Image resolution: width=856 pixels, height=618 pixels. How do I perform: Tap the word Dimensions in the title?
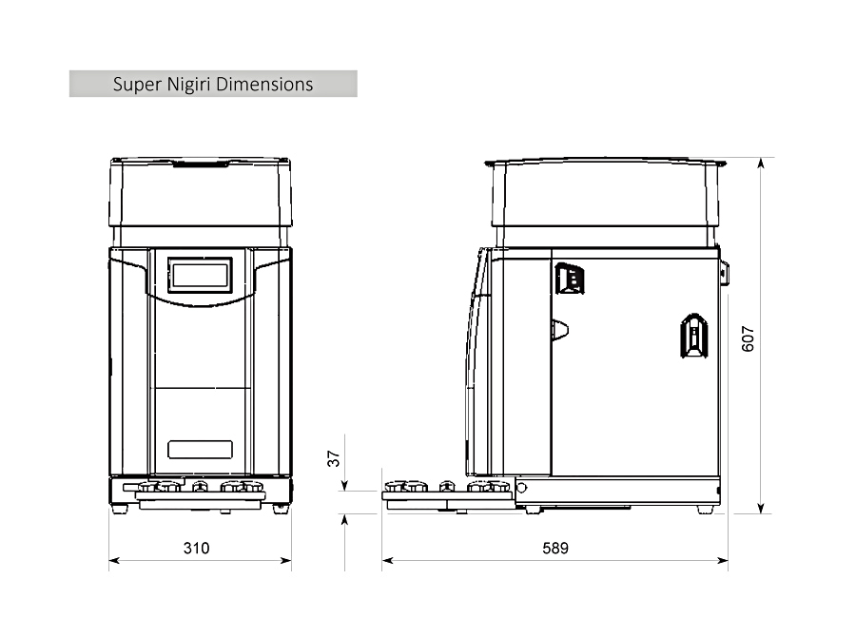point(264,84)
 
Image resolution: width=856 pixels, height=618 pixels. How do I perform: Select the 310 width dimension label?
point(197,548)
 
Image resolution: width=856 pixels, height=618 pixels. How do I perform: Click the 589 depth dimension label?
point(555,548)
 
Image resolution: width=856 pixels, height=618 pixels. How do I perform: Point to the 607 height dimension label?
point(748,339)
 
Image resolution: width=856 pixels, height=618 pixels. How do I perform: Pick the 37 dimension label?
point(334,458)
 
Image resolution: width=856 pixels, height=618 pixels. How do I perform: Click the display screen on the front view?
point(201,275)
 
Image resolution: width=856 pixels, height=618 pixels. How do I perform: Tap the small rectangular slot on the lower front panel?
point(201,450)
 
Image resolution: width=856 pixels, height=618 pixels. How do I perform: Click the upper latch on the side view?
point(570,279)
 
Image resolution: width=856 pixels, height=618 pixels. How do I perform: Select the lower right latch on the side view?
point(694,336)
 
